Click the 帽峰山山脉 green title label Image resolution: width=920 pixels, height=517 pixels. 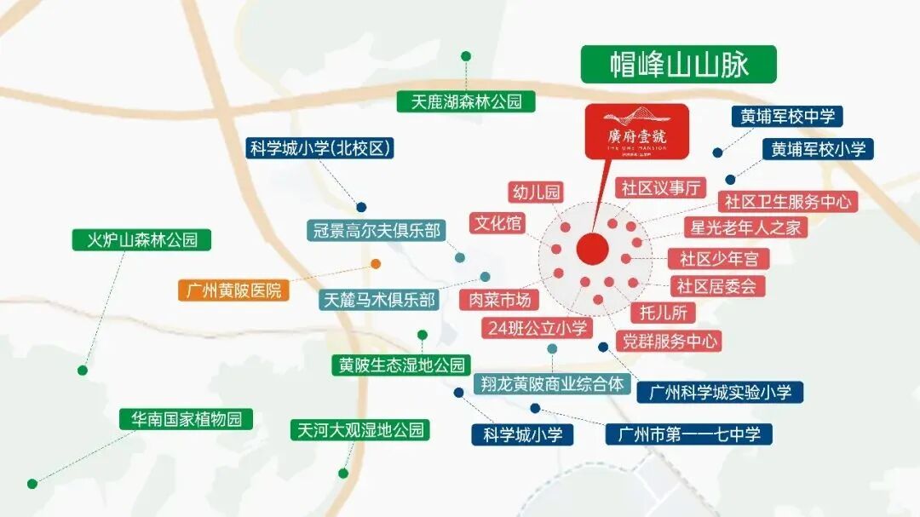(678, 64)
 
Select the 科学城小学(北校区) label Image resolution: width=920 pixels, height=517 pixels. (321, 148)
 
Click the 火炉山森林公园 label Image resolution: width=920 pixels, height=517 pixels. (141, 239)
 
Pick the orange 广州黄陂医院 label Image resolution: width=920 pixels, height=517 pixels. (233, 289)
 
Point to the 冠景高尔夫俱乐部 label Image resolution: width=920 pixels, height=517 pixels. (376, 230)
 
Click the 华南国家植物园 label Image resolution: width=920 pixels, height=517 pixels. (186, 419)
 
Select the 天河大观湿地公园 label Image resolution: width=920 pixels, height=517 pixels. (357, 429)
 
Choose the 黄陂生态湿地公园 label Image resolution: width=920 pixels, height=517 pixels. (401, 365)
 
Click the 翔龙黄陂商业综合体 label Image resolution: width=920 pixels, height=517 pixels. (551, 383)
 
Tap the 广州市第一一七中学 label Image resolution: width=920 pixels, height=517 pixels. (688, 434)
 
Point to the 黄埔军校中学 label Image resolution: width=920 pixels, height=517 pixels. (786, 117)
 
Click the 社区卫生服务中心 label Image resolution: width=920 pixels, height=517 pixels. (787, 202)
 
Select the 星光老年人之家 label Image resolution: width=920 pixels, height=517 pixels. (745, 228)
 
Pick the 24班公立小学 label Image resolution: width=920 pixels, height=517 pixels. (537, 327)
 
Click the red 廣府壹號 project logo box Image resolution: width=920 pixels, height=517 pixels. (636, 131)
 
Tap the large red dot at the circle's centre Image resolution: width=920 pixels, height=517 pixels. (592, 249)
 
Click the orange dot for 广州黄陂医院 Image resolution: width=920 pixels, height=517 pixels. (376, 264)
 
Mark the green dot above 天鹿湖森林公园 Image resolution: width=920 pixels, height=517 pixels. (466, 56)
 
